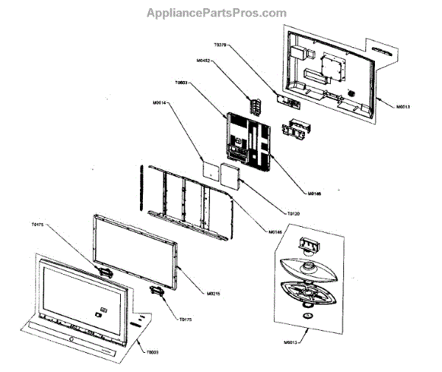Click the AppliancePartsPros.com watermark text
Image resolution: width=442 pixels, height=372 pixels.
[216, 13]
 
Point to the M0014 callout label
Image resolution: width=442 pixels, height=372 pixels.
[160, 103]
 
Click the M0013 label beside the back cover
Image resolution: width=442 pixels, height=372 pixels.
[402, 108]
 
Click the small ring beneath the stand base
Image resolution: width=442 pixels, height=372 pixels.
[310, 316]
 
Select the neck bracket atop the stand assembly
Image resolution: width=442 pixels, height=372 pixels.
[307, 243]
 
